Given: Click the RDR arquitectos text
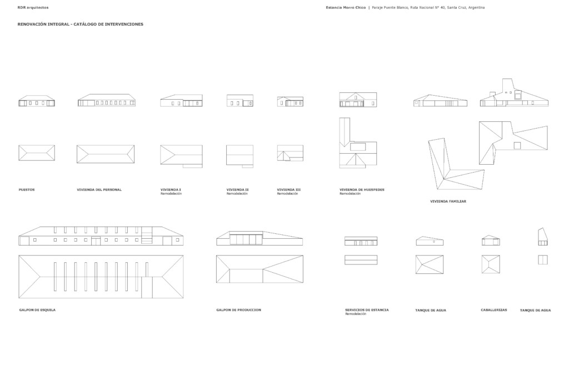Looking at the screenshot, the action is click(33, 8).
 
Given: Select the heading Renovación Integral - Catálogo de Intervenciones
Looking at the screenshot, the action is click(80, 24).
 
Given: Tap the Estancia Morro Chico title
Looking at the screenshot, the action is click(346, 8).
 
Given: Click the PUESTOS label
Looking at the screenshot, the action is click(27, 190).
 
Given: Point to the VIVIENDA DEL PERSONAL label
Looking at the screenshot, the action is click(99, 190).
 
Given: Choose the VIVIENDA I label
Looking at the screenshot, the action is click(171, 190).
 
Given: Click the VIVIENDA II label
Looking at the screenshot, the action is click(237, 190).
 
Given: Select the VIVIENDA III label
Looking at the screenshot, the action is click(288, 190).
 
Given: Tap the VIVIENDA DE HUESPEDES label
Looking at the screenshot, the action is click(362, 190).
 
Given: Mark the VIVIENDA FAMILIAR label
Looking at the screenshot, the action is click(448, 202).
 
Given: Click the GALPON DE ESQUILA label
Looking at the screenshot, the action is click(37, 310).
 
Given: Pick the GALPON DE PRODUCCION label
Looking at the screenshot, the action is click(239, 310).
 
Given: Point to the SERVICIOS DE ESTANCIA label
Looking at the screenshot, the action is click(367, 310).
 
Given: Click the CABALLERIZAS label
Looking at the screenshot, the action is click(494, 310).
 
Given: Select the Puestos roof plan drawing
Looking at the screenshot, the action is click(37, 153).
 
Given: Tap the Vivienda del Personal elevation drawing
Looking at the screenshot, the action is click(106, 100).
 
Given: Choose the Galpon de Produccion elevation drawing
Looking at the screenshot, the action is click(259, 238).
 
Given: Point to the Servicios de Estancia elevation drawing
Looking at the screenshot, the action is click(361, 241).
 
